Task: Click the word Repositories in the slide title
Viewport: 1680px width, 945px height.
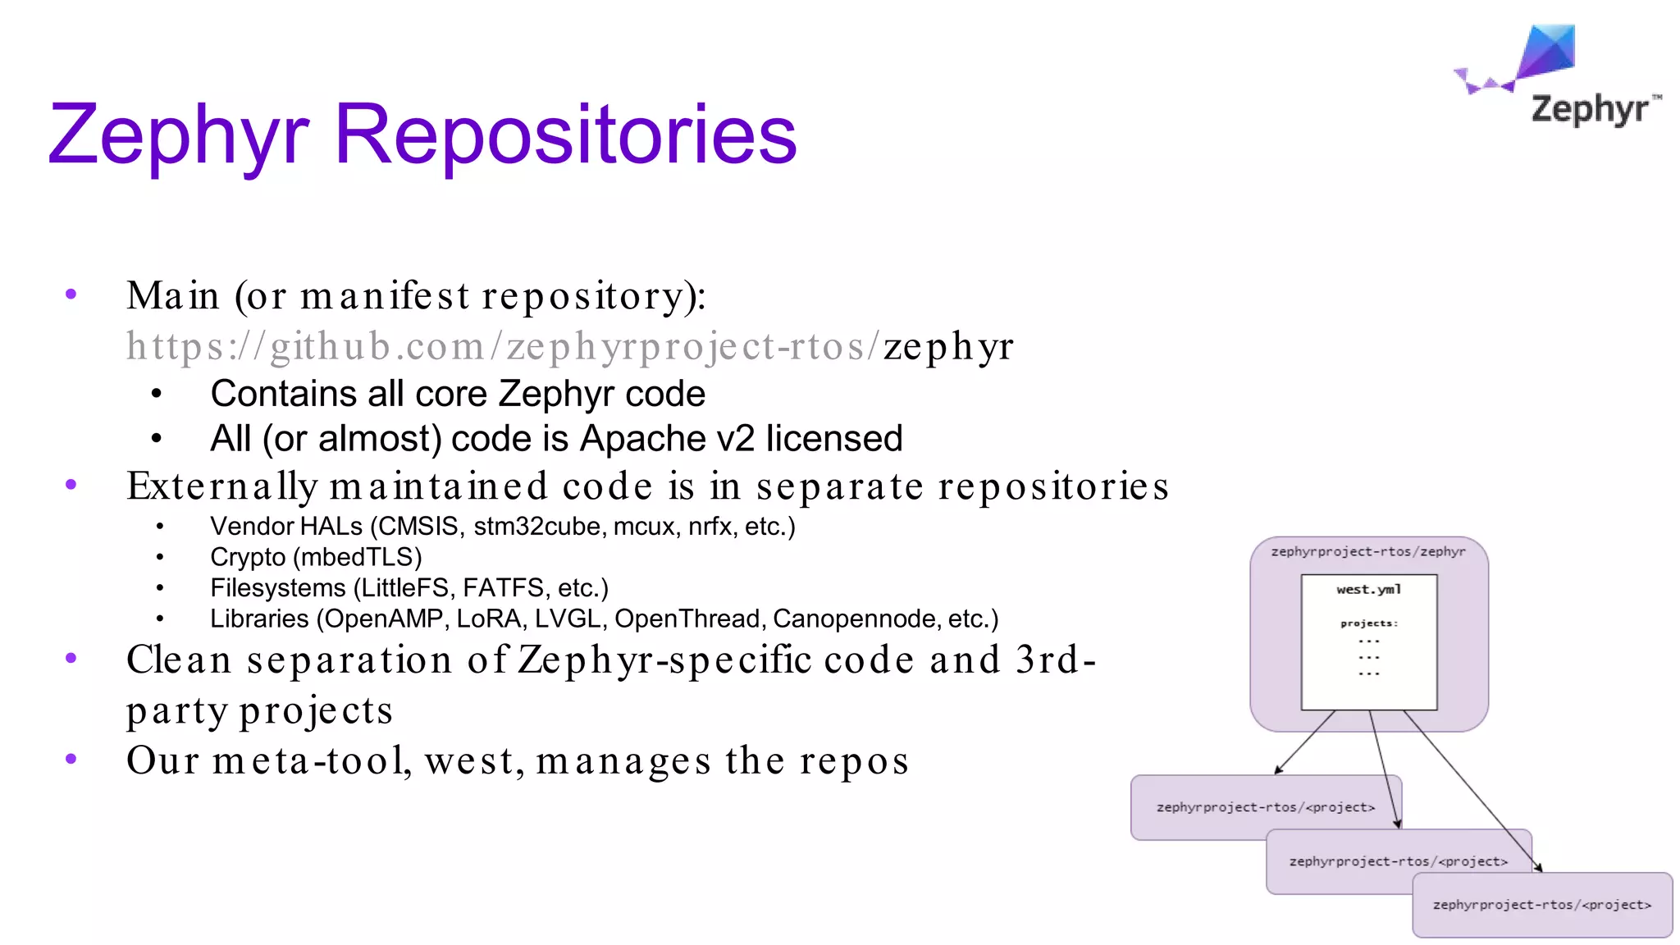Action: [x=565, y=134]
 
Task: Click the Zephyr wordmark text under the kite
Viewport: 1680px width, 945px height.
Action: [x=1589, y=109]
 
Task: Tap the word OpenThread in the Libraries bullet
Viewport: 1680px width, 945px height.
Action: [x=687, y=619]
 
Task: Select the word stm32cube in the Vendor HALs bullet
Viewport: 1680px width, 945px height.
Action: [x=537, y=527]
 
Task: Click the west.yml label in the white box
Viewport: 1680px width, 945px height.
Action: [x=1368, y=589]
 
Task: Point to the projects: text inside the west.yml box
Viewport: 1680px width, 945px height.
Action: [x=1368, y=623]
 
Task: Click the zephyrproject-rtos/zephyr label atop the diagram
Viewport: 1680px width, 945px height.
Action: [x=1367, y=551]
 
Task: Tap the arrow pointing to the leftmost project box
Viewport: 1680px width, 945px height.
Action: [x=1304, y=742]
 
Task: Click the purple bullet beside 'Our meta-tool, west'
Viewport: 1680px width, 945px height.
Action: [x=71, y=760]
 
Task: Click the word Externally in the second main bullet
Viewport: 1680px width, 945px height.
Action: [x=221, y=486]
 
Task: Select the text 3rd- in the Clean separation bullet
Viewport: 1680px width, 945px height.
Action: [x=1055, y=660]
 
